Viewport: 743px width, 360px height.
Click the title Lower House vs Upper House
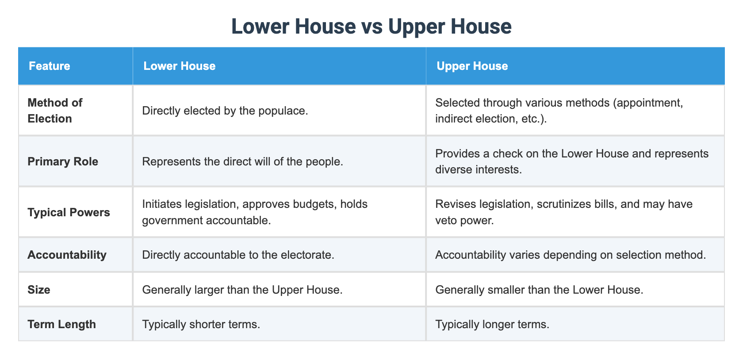click(x=371, y=27)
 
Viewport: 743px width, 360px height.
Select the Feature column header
click(x=50, y=66)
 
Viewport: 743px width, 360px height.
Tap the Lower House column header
click(x=179, y=66)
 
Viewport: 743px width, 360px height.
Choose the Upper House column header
click(x=472, y=66)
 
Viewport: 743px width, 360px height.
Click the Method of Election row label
click(x=55, y=111)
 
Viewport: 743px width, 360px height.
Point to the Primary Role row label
click(x=63, y=161)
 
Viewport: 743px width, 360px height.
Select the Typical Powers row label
click(x=69, y=212)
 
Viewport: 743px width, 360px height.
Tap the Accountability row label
click(x=67, y=255)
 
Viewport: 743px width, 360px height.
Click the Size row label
click(x=39, y=290)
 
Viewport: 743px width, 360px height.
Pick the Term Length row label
click(x=61, y=324)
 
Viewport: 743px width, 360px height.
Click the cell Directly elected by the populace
click(x=225, y=111)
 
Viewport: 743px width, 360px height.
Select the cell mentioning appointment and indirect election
click(x=559, y=111)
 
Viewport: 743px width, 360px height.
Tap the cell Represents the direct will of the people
click(x=242, y=161)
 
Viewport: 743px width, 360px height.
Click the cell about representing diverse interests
click(x=571, y=161)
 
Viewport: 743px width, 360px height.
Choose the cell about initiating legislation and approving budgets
click(x=255, y=212)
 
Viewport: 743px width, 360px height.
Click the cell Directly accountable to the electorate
click(x=238, y=255)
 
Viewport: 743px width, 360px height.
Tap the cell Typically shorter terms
click(x=201, y=324)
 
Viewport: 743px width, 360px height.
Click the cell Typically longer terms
click(x=492, y=324)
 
